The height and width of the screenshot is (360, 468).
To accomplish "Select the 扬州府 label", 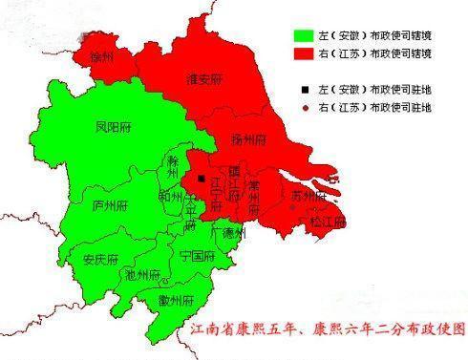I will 249,138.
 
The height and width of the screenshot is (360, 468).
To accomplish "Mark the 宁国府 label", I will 196,256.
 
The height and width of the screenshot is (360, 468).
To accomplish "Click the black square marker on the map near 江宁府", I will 201,178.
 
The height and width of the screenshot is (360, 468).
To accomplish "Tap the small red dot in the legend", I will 305,108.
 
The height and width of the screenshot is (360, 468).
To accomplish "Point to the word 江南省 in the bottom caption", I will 210,329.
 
